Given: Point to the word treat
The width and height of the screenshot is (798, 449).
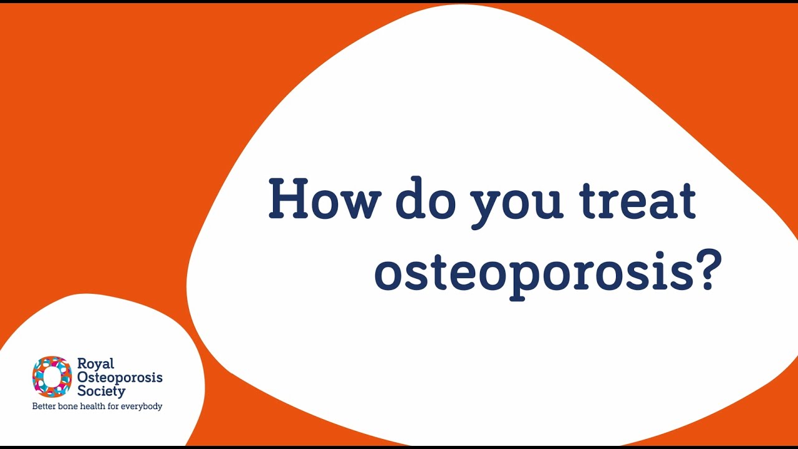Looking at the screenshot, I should point(637,200).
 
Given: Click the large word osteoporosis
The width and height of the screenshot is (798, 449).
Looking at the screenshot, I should point(533,273).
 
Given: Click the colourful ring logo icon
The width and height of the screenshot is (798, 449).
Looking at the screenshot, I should point(52,377).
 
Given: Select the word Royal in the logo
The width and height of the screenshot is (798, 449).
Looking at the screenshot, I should point(95,364).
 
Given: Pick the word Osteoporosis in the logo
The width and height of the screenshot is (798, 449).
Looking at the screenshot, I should point(119,379).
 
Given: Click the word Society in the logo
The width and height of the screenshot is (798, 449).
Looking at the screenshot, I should point(101,392).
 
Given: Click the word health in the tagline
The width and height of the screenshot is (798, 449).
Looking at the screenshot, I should point(95,407).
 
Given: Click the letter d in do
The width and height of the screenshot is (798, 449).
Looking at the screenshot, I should point(410,199).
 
